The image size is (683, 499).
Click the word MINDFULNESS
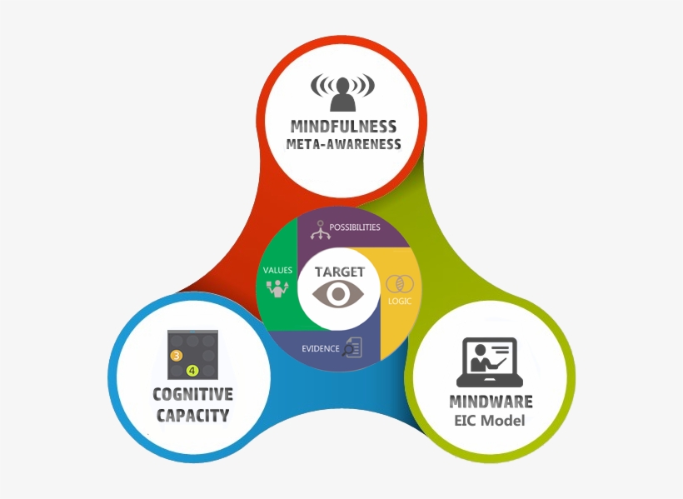pos(343,127)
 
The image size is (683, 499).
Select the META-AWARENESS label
pos(343,144)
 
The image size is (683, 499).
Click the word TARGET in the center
pos(340,272)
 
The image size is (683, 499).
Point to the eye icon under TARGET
pos(339,294)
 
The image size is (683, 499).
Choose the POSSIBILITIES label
pos(354,227)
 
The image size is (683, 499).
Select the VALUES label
pos(277,271)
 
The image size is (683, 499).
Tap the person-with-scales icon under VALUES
pos(277,289)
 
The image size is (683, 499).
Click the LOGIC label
pos(400,301)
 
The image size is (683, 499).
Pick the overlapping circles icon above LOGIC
pos(400,283)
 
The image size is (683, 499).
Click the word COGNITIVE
pos(192,395)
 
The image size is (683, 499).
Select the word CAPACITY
pos(192,414)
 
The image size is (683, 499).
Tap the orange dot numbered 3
pos(177,356)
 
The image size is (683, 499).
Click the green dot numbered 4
pos(192,370)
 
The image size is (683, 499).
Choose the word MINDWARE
pos(491,402)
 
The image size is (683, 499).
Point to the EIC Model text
pos(490,421)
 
